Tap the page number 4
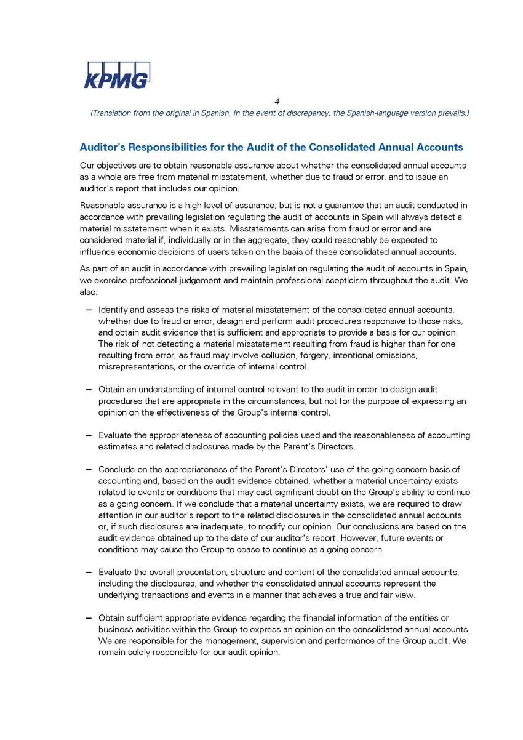click(277, 102)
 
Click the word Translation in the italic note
click(112, 113)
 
